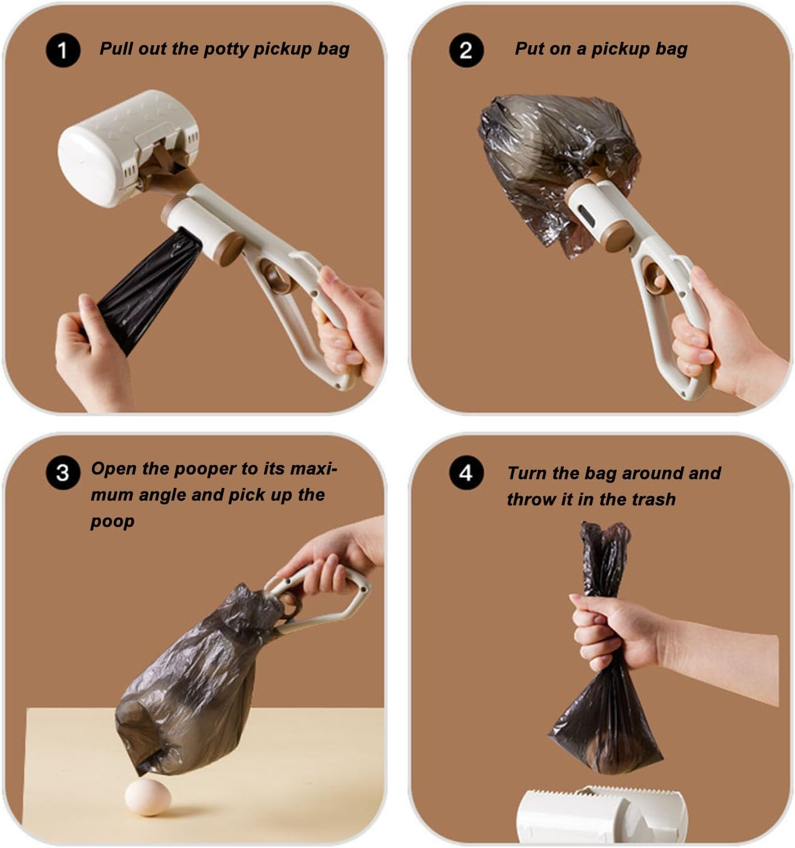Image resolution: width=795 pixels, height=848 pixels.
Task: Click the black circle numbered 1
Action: click(x=63, y=50)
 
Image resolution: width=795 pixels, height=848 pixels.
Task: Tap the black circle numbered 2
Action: click(x=466, y=50)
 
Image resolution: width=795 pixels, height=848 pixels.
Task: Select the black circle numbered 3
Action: click(x=63, y=473)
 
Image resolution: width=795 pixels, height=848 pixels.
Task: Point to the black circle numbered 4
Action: click(x=466, y=473)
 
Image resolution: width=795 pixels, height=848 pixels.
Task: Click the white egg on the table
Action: click(x=148, y=797)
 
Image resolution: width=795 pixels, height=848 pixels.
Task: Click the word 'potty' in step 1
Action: click(x=225, y=49)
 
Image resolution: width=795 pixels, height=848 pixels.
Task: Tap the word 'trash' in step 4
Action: click(x=654, y=499)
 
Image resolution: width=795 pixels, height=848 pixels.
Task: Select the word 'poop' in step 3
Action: click(x=112, y=522)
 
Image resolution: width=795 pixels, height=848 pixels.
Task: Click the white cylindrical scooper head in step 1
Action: click(x=128, y=148)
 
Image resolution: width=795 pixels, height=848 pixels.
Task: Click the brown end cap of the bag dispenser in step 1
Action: click(x=229, y=249)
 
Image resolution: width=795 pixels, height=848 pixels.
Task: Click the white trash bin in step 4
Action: click(x=602, y=816)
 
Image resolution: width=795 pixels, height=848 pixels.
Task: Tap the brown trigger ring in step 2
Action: click(x=653, y=277)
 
